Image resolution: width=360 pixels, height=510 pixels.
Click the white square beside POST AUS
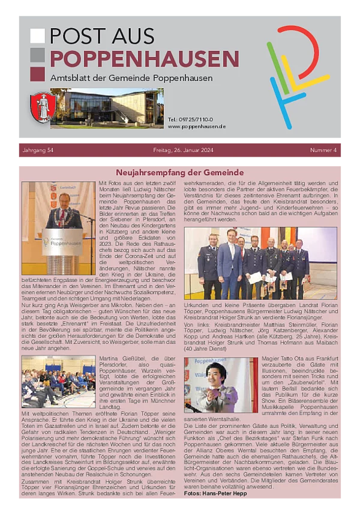[x=37, y=36]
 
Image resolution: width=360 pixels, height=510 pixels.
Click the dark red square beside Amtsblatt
[x=37, y=74]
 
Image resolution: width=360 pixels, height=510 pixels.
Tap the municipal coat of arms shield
[x=43, y=107]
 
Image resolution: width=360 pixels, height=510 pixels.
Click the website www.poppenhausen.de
[x=197, y=127]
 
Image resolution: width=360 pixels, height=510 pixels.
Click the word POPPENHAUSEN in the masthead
[x=144, y=59]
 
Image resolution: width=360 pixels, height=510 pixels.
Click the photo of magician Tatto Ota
[x=220, y=385]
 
